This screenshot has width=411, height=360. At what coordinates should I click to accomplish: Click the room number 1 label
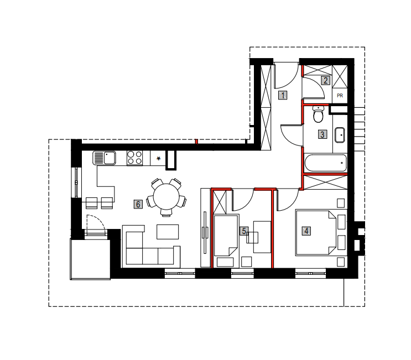283,95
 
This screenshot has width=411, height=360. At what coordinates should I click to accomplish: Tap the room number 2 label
326,80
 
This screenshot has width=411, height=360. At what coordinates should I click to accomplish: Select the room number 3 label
322,134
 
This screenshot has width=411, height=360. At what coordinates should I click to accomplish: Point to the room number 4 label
306,231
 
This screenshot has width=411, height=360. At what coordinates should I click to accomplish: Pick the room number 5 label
244,231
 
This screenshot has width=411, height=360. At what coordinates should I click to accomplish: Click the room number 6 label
138,204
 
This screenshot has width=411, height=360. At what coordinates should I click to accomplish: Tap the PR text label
340,96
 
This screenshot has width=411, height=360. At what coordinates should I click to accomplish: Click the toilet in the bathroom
318,114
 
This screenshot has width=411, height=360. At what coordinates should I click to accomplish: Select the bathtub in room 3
326,163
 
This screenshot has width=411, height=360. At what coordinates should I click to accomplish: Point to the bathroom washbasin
340,135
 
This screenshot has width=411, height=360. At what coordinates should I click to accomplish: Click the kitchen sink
105,158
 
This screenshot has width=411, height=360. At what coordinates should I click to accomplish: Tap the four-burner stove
135,158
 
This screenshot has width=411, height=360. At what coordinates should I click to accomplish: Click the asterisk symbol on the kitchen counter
158,159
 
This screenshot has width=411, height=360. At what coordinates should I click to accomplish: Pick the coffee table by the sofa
168,232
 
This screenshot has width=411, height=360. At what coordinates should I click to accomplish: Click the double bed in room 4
316,232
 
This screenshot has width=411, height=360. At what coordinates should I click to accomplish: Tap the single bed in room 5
226,235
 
